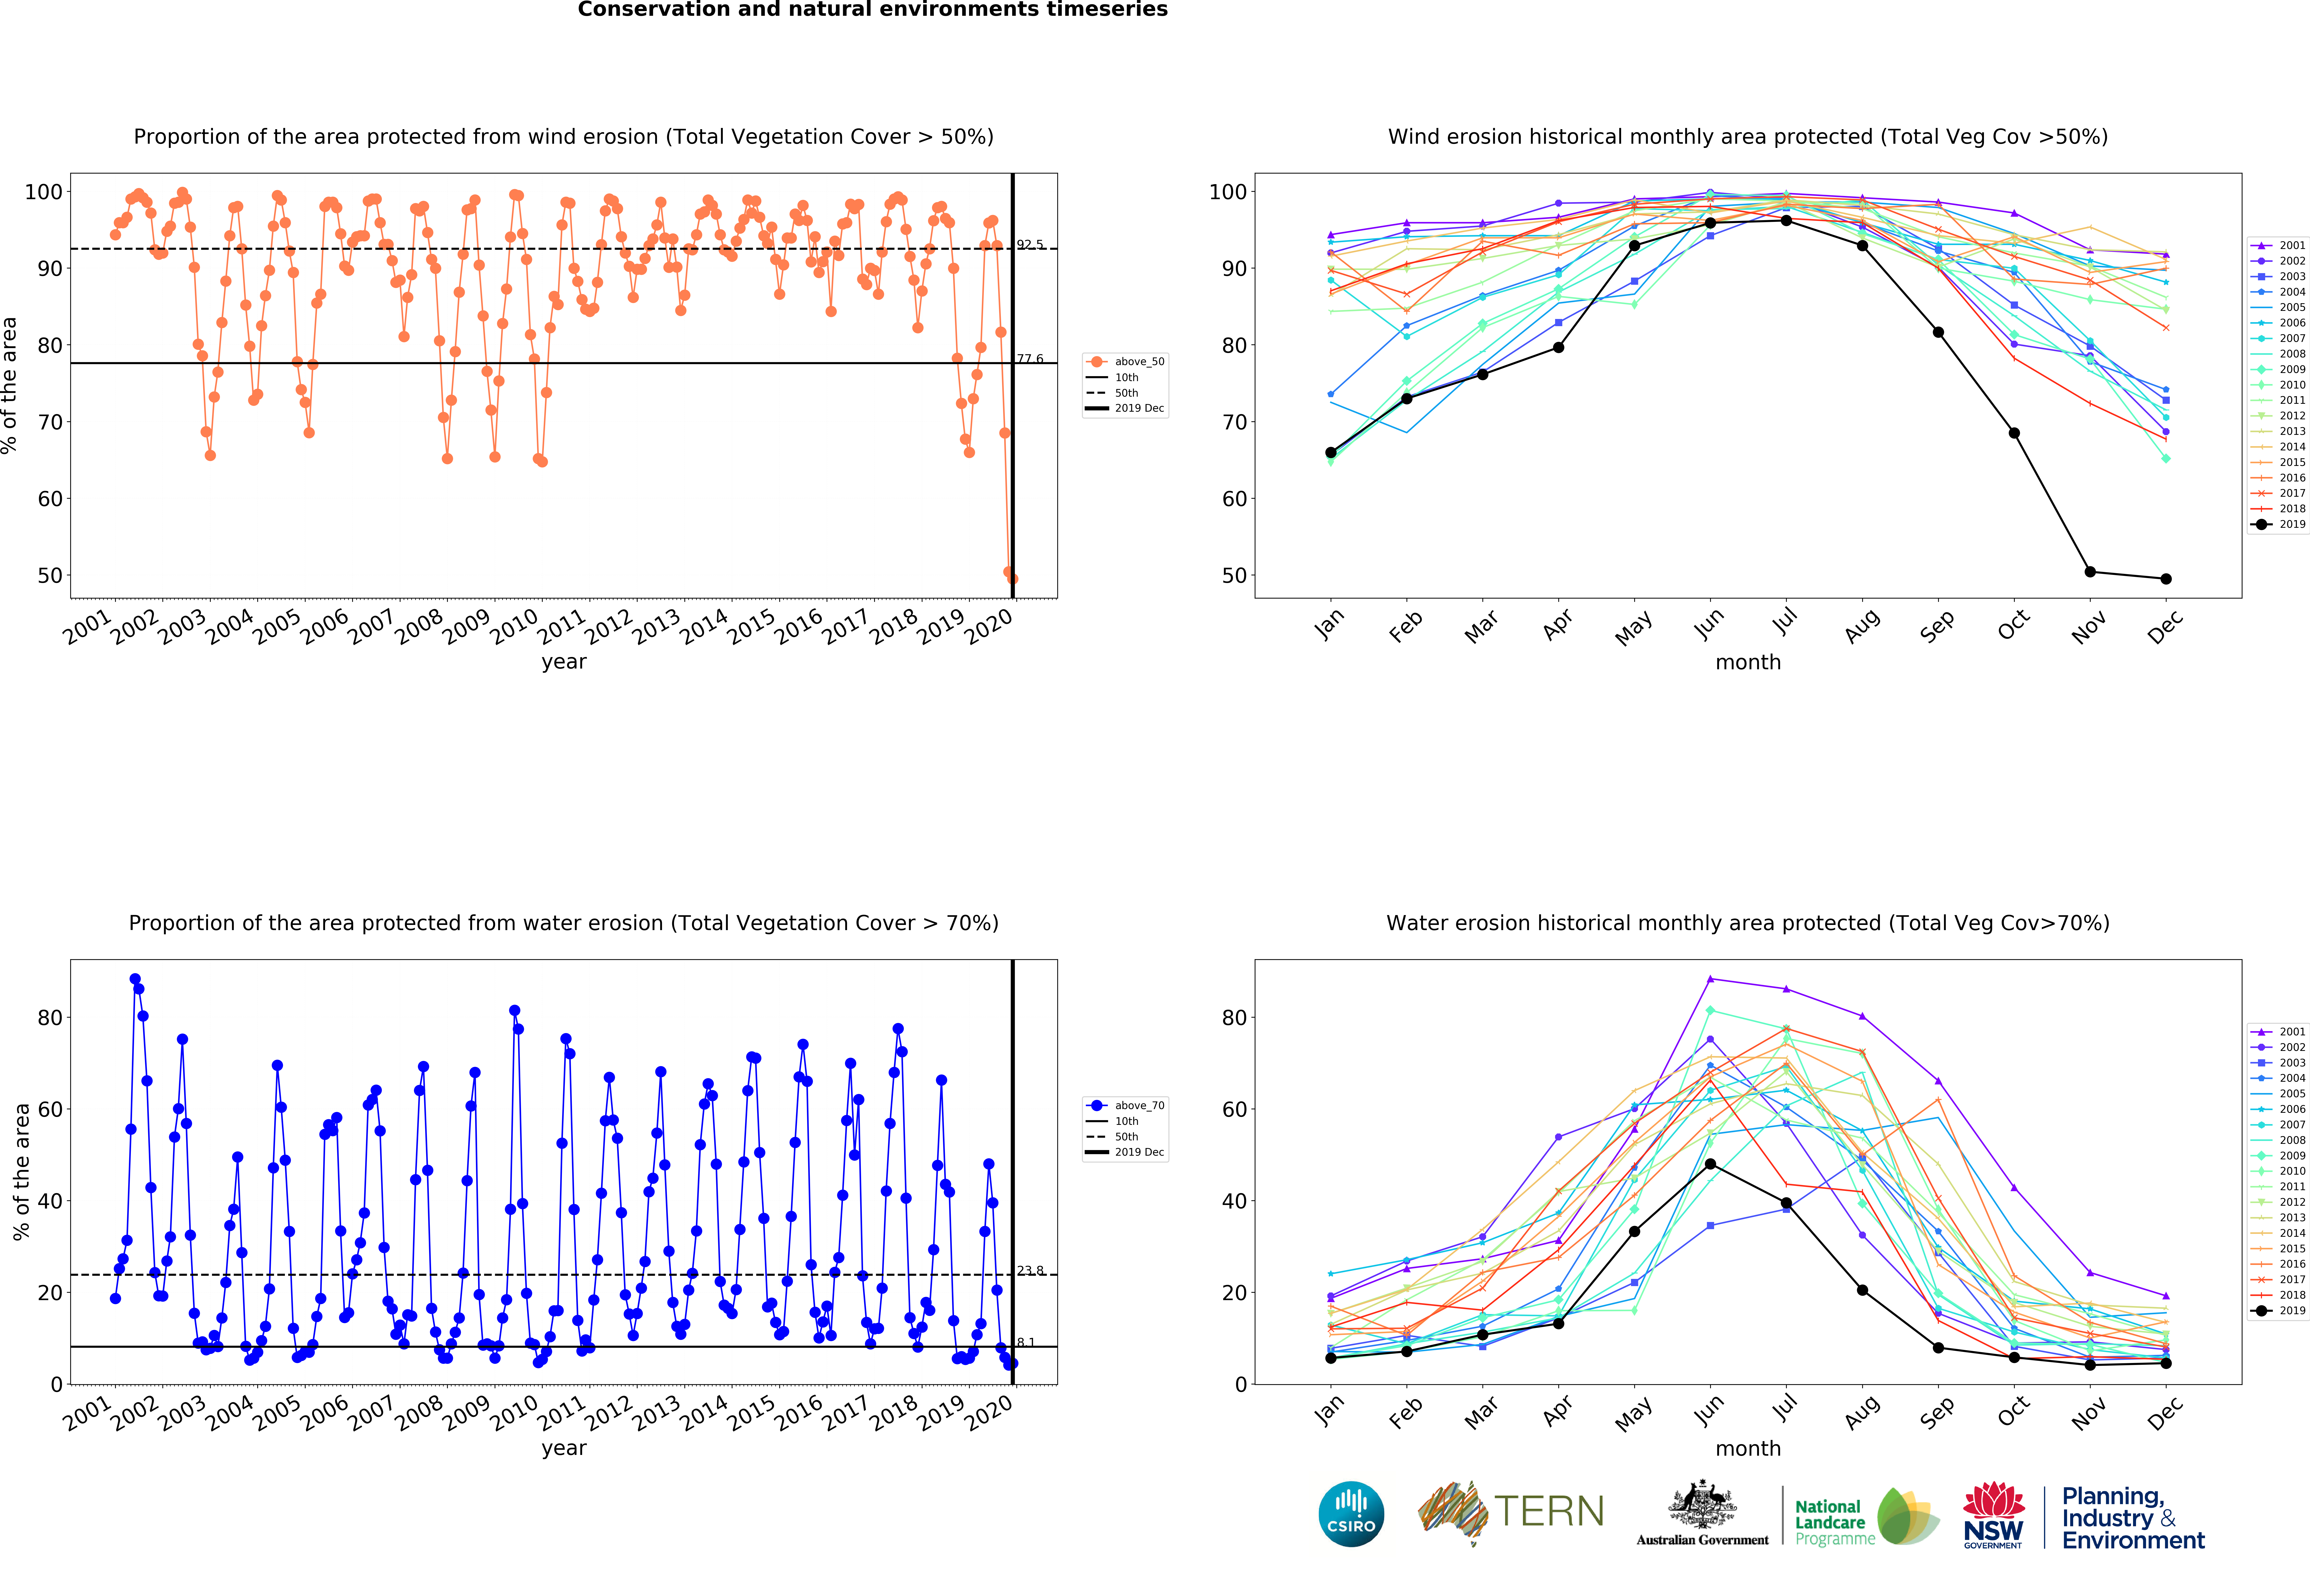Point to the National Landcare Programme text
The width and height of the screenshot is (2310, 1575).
pos(1834,1522)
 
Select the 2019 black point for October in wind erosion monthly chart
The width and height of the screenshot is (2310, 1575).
pos(2014,433)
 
